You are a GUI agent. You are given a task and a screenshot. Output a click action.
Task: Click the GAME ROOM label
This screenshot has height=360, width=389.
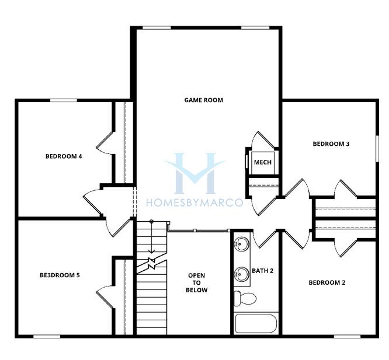coord(203,100)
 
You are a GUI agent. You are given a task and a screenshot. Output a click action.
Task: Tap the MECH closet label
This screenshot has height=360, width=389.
coord(262,162)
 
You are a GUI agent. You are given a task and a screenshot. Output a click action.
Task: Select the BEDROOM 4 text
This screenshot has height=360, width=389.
coord(64,156)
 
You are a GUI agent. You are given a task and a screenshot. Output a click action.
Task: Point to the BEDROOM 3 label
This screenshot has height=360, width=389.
coord(331,144)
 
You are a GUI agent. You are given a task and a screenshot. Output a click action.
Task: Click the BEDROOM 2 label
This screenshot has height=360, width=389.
coord(327,283)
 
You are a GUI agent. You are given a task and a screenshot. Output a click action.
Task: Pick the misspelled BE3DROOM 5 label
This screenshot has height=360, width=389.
coord(60,275)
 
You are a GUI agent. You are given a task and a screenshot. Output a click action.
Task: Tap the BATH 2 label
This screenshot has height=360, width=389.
coord(262,271)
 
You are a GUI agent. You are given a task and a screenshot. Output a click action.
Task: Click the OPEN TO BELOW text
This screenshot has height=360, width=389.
coord(196,283)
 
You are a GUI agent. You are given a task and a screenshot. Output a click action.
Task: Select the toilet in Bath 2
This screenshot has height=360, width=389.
coord(245,298)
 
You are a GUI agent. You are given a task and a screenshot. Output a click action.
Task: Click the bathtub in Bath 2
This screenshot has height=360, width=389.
coord(256,324)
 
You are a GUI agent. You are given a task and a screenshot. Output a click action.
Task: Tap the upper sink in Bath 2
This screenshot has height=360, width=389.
coord(241,244)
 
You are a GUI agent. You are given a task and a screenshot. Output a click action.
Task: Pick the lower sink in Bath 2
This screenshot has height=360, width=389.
coord(241,274)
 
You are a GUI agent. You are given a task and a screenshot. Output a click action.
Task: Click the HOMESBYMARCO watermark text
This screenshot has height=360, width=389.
coord(194,202)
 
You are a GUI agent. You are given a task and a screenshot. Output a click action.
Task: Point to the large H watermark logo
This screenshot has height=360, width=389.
coord(194,173)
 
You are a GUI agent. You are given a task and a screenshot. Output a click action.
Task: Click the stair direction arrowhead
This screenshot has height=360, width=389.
coord(151,251)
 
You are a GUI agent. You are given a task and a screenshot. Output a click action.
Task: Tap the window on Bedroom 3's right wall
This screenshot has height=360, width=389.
coord(377,149)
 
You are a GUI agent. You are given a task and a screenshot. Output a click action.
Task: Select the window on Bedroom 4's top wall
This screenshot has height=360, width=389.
coord(64,100)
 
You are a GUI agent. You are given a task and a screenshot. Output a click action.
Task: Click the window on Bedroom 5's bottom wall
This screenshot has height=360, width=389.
coord(47,337)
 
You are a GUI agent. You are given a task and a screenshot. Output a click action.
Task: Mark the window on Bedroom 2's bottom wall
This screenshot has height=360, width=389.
coord(347,337)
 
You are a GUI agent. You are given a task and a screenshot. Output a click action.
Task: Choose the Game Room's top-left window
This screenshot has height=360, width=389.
coord(157,28)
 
